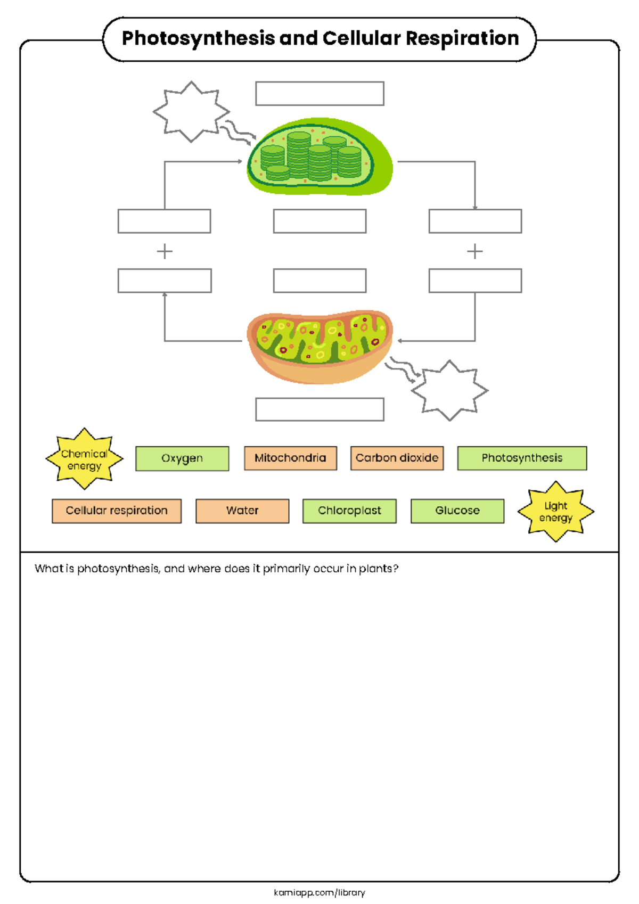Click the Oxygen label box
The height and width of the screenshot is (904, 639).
click(x=182, y=458)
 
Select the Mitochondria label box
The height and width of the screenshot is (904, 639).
click(x=290, y=458)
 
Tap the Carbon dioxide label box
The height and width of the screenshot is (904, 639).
click(x=397, y=458)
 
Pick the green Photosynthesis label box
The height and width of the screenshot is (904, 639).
click(x=522, y=458)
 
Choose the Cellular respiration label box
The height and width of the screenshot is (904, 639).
click(x=117, y=511)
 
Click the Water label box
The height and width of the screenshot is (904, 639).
click(x=242, y=511)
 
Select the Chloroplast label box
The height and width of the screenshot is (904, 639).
click(x=349, y=511)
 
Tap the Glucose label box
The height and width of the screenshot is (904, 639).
click(x=457, y=511)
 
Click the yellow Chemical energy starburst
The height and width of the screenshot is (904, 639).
click(x=84, y=459)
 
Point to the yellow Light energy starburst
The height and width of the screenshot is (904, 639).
click(x=555, y=512)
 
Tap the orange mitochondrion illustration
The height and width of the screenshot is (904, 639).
click(x=319, y=346)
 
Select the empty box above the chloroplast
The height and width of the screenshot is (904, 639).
click(x=319, y=94)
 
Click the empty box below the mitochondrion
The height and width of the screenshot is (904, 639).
click(x=319, y=409)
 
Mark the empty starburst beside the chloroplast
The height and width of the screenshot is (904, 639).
click(x=191, y=112)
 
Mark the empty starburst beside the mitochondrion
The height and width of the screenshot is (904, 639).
click(x=450, y=391)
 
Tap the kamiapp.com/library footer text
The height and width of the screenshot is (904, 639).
click(x=319, y=892)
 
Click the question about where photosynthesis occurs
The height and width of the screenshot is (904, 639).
click(x=216, y=569)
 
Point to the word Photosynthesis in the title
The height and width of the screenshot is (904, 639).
click(x=198, y=39)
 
